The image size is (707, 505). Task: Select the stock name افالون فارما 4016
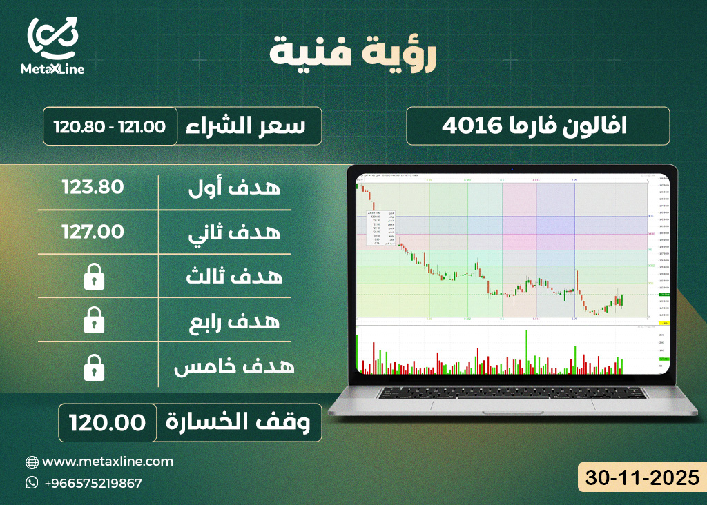click(x=538, y=126)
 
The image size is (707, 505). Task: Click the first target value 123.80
click(x=93, y=187)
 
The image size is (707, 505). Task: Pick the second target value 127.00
click(x=93, y=231)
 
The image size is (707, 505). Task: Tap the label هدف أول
click(x=234, y=188)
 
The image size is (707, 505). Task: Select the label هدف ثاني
click(x=234, y=232)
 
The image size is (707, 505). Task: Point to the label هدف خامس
click(x=234, y=366)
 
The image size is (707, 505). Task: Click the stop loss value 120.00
click(x=106, y=422)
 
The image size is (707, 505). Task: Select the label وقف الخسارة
click(x=242, y=422)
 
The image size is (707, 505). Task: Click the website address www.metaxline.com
click(x=108, y=462)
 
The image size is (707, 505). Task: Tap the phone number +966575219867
click(x=93, y=483)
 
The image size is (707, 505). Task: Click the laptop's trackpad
click(x=510, y=409)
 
